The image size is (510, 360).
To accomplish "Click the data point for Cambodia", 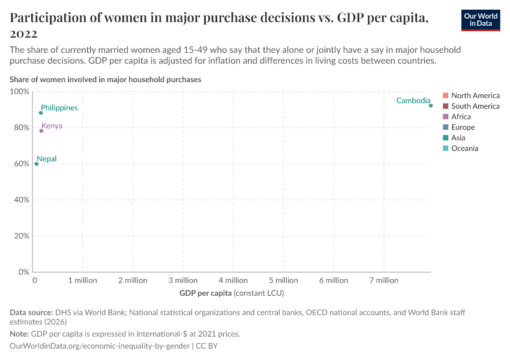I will tap(431, 106).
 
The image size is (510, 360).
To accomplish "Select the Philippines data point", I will tap(41, 113).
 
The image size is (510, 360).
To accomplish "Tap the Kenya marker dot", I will tap(41, 131).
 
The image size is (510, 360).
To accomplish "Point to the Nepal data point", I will tap(37, 164).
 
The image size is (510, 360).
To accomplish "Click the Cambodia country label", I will tap(413, 101).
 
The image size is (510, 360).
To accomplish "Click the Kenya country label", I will tap(52, 126).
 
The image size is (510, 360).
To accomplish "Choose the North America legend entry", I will tap(475, 95).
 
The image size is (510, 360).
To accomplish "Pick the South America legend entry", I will tap(475, 106).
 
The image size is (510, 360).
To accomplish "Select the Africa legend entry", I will tap(461, 117).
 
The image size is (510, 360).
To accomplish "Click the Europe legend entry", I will tap(463, 127).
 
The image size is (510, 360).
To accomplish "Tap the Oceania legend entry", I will tap(464, 148).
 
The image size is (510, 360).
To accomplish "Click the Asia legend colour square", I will tap(445, 138).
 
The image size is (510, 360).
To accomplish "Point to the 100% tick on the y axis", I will tap(20, 92).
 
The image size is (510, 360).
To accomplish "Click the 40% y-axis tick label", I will tap(22, 200).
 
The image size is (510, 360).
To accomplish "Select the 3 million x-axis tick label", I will tap(182, 280).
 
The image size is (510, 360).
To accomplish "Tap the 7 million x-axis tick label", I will tap(383, 280).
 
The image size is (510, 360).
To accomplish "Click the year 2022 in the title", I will tap(24, 34).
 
